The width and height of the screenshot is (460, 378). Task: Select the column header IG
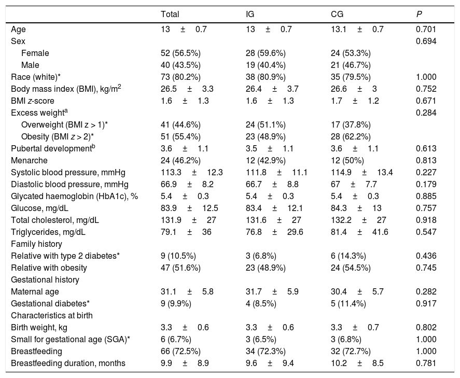(250, 14)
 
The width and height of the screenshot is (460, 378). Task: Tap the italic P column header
(419, 14)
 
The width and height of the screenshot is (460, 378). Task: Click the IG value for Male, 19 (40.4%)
(266, 65)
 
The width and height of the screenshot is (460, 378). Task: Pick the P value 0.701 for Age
(426, 29)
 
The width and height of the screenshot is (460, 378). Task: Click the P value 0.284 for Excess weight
(426, 113)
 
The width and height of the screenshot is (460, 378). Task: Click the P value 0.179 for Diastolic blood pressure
(426, 184)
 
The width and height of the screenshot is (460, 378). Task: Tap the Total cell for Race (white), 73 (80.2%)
(181, 77)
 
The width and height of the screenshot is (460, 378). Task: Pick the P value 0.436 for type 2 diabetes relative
(426, 256)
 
